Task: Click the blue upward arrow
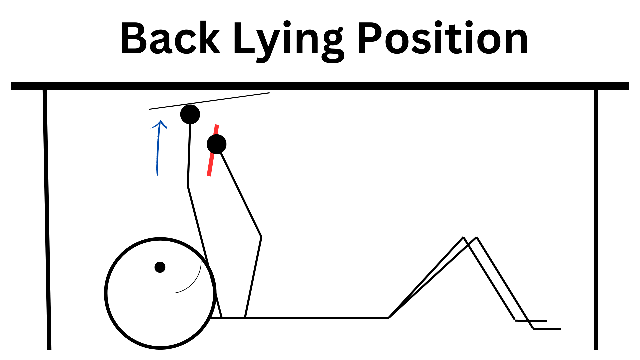158,147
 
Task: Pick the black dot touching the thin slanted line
190,114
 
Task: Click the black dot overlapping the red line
217,144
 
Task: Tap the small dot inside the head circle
160,267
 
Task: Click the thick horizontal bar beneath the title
320,86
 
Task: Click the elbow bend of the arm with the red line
261,237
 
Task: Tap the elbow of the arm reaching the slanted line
188,186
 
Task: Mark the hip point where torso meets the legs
389,317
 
